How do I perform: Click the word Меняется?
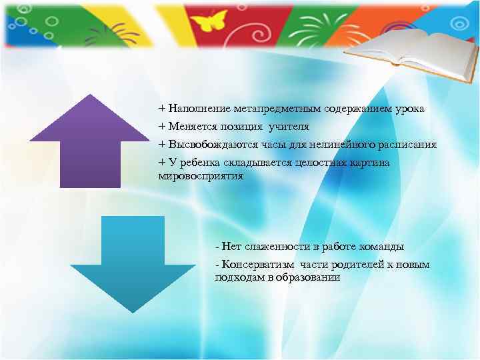tap(193, 126)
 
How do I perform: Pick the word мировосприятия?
tap(201, 177)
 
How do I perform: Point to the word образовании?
tap(309, 278)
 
